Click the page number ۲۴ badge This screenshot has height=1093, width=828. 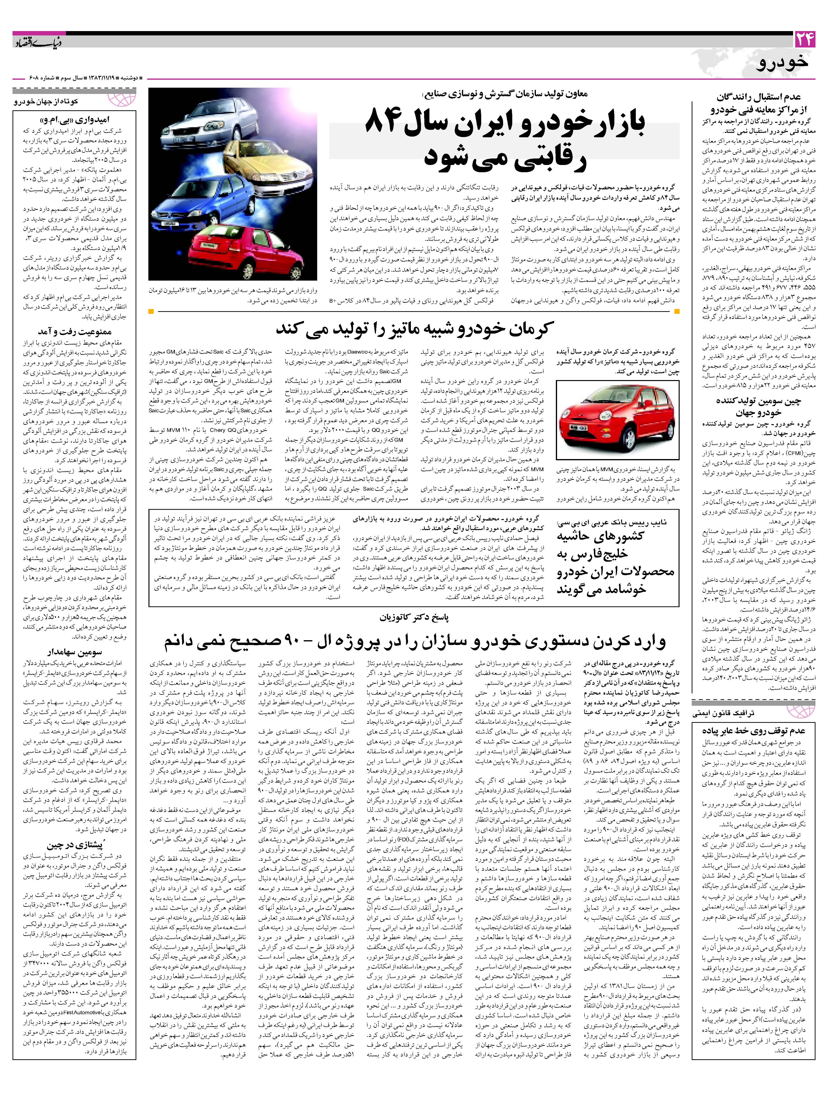click(x=804, y=40)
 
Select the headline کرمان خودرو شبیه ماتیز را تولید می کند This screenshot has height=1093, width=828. click(x=415, y=329)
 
